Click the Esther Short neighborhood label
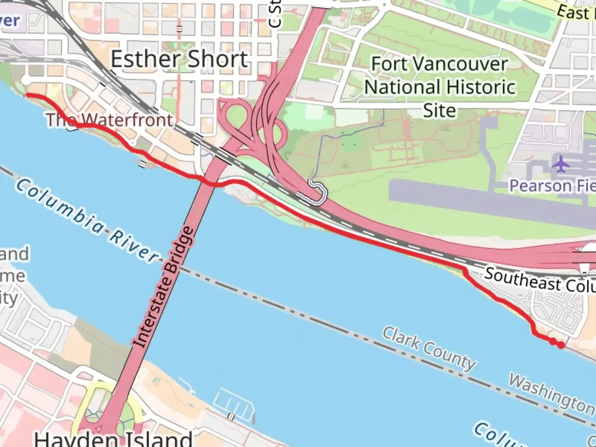[179, 59]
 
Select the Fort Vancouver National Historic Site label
[440, 87]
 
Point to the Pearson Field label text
[553, 186]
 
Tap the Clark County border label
[429, 348]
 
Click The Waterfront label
[110, 120]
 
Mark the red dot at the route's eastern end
[561, 345]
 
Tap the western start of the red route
[27, 96]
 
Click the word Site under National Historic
[440, 111]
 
